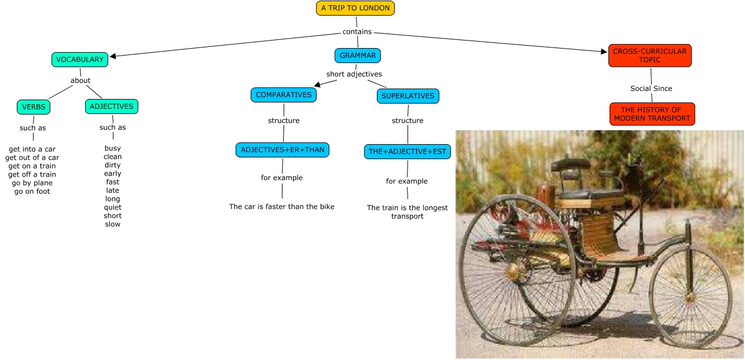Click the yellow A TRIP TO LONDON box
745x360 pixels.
click(x=355, y=8)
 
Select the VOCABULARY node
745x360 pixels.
click(x=80, y=59)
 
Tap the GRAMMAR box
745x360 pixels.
click(x=358, y=56)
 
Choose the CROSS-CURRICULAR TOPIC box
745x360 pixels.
click(x=649, y=56)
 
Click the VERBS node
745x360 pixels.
click(x=34, y=107)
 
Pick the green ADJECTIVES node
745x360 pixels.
click(x=111, y=106)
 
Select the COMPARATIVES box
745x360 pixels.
click(x=284, y=95)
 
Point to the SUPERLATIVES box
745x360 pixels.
click(x=408, y=96)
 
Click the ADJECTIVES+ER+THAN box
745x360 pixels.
click(x=282, y=150)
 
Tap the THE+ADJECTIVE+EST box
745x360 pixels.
click(x=408, y=152)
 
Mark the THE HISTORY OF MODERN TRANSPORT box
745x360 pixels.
click(x=652, y=114)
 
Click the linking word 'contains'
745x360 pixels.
click(x=357, y=32)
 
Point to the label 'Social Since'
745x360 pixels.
click(x=651, y=89)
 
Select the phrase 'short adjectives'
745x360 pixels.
click(x=354, y=74)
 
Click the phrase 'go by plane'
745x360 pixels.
click(x=32, y=183)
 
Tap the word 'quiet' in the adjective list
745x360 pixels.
click(x=113, y=207)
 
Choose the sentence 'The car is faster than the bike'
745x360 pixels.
click(x=282, y=207)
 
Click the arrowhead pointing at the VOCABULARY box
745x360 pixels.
click(x=113, y=56)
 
